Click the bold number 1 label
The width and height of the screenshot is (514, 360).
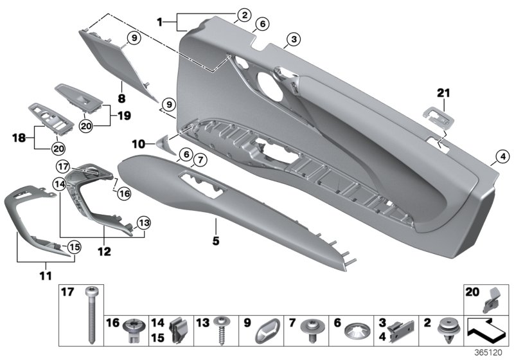160,22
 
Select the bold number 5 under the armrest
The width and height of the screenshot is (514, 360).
216,241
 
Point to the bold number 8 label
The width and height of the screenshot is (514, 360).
121,100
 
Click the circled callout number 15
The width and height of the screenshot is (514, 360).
74,246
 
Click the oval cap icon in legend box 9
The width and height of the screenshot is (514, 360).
265,332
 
